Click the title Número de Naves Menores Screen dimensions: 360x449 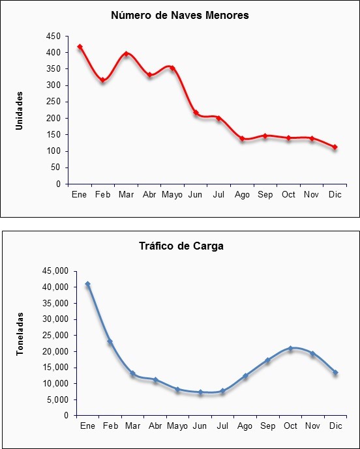coord(180,15)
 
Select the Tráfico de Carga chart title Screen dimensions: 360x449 coord(181,246)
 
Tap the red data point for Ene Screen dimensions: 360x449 coord(80,47)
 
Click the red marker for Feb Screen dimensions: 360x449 coord(102,80)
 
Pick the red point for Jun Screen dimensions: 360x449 coord(196,113)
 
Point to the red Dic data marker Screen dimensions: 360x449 coord(335,147)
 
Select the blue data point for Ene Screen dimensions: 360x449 coord(87,283)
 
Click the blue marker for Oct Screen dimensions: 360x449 coord(290,348)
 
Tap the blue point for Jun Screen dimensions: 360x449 coord(200,392)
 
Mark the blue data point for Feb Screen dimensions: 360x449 coord(110,341)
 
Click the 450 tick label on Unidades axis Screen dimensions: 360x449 coord(55,36)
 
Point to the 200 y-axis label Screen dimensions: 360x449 coord(55,118)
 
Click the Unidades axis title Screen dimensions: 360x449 coord(19,111)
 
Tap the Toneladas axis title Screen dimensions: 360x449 coord(20,334)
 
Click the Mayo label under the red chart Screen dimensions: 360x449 coord(172,195)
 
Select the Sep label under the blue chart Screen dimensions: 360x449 coord(267,426)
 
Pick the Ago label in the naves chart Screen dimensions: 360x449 coord(242,195)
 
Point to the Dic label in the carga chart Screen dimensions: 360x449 coord(336,426)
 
